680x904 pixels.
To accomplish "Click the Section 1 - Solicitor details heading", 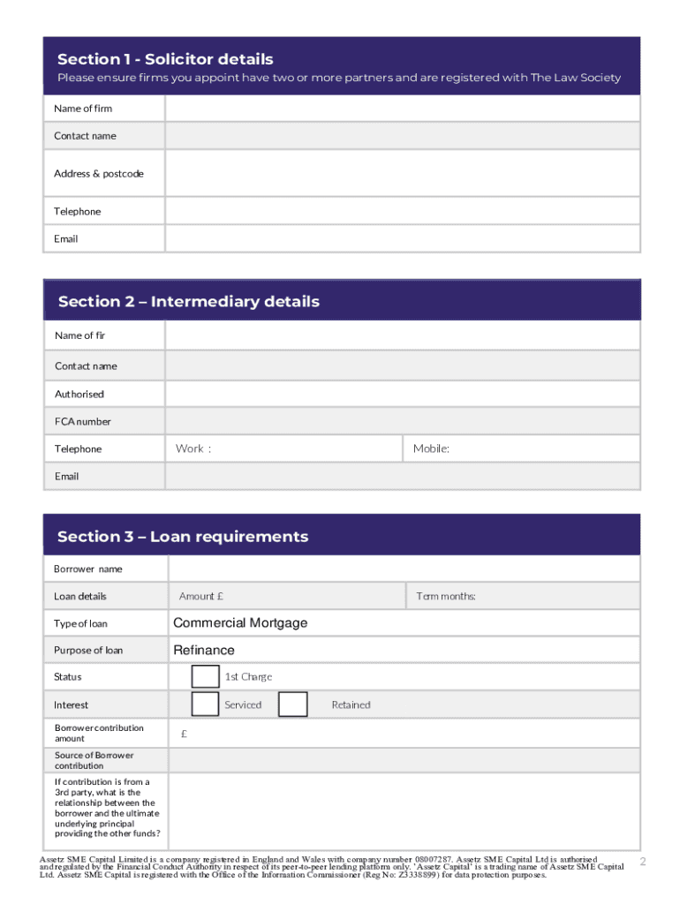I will click(x=165, y=59).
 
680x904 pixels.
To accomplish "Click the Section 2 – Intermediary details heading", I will click(x=188, y=302).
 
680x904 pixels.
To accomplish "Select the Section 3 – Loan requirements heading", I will click(x=183, y=537).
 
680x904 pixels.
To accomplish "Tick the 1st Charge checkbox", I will click(x=206, y=677).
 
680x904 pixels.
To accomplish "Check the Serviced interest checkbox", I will click(x=206, y=704).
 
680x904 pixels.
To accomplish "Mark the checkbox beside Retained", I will click(x=292, y=704).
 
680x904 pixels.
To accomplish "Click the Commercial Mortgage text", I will click(x=240, y=623).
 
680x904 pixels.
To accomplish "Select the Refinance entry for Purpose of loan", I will click(x=204, y=651).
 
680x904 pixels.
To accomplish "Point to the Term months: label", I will click(x=446, y=597).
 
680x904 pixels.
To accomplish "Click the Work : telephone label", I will click(x=193, y=449).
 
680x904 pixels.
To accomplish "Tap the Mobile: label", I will click(x=431, y=449).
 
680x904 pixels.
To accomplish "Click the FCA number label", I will click(x=83, y=422).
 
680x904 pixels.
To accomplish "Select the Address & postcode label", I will click(x=98, y=174).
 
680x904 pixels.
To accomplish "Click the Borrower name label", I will click(x=88, y=569).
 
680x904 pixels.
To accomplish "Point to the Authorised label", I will click(x=79, y=395).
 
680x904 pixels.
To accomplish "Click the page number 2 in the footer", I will click(x=643, y=862).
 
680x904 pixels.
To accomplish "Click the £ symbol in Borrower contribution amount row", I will click(x=184, y=734).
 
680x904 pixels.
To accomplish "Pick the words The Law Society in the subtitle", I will click(x=575, y=78).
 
